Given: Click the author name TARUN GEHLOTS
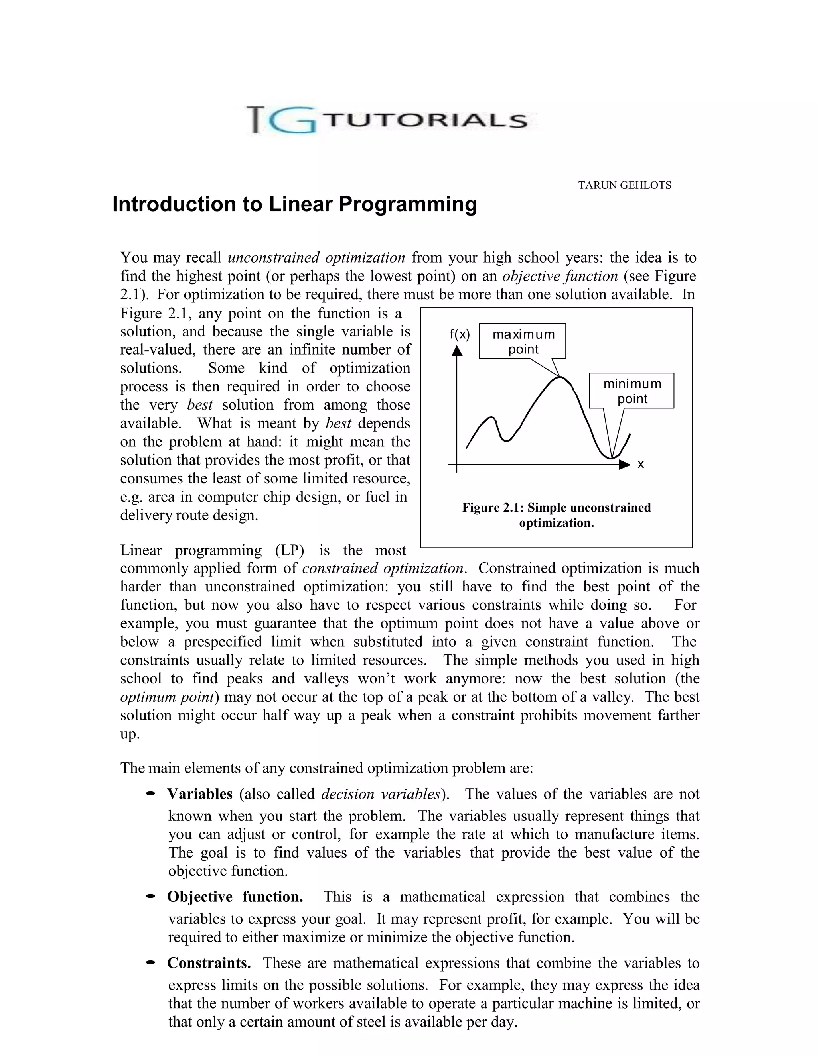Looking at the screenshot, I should (x=624, y=185).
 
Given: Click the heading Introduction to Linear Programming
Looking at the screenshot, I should (x=294, y=204).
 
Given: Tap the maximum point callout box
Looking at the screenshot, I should (x=522, y=341).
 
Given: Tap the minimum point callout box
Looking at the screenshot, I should (x=631, y=391).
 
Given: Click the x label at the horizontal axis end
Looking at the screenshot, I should (x=640, y=465).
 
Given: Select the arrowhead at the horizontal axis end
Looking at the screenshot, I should (x=625, y=465).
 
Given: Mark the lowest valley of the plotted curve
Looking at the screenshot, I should (x=611, y=457).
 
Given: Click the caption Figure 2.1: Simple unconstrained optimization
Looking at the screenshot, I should (x=556, y=515).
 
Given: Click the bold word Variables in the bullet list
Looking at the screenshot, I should (x=200, y=794).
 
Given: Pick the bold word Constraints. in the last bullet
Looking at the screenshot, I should (x=209, y=963).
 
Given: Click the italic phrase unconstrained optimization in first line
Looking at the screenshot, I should (x=316, y=257).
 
